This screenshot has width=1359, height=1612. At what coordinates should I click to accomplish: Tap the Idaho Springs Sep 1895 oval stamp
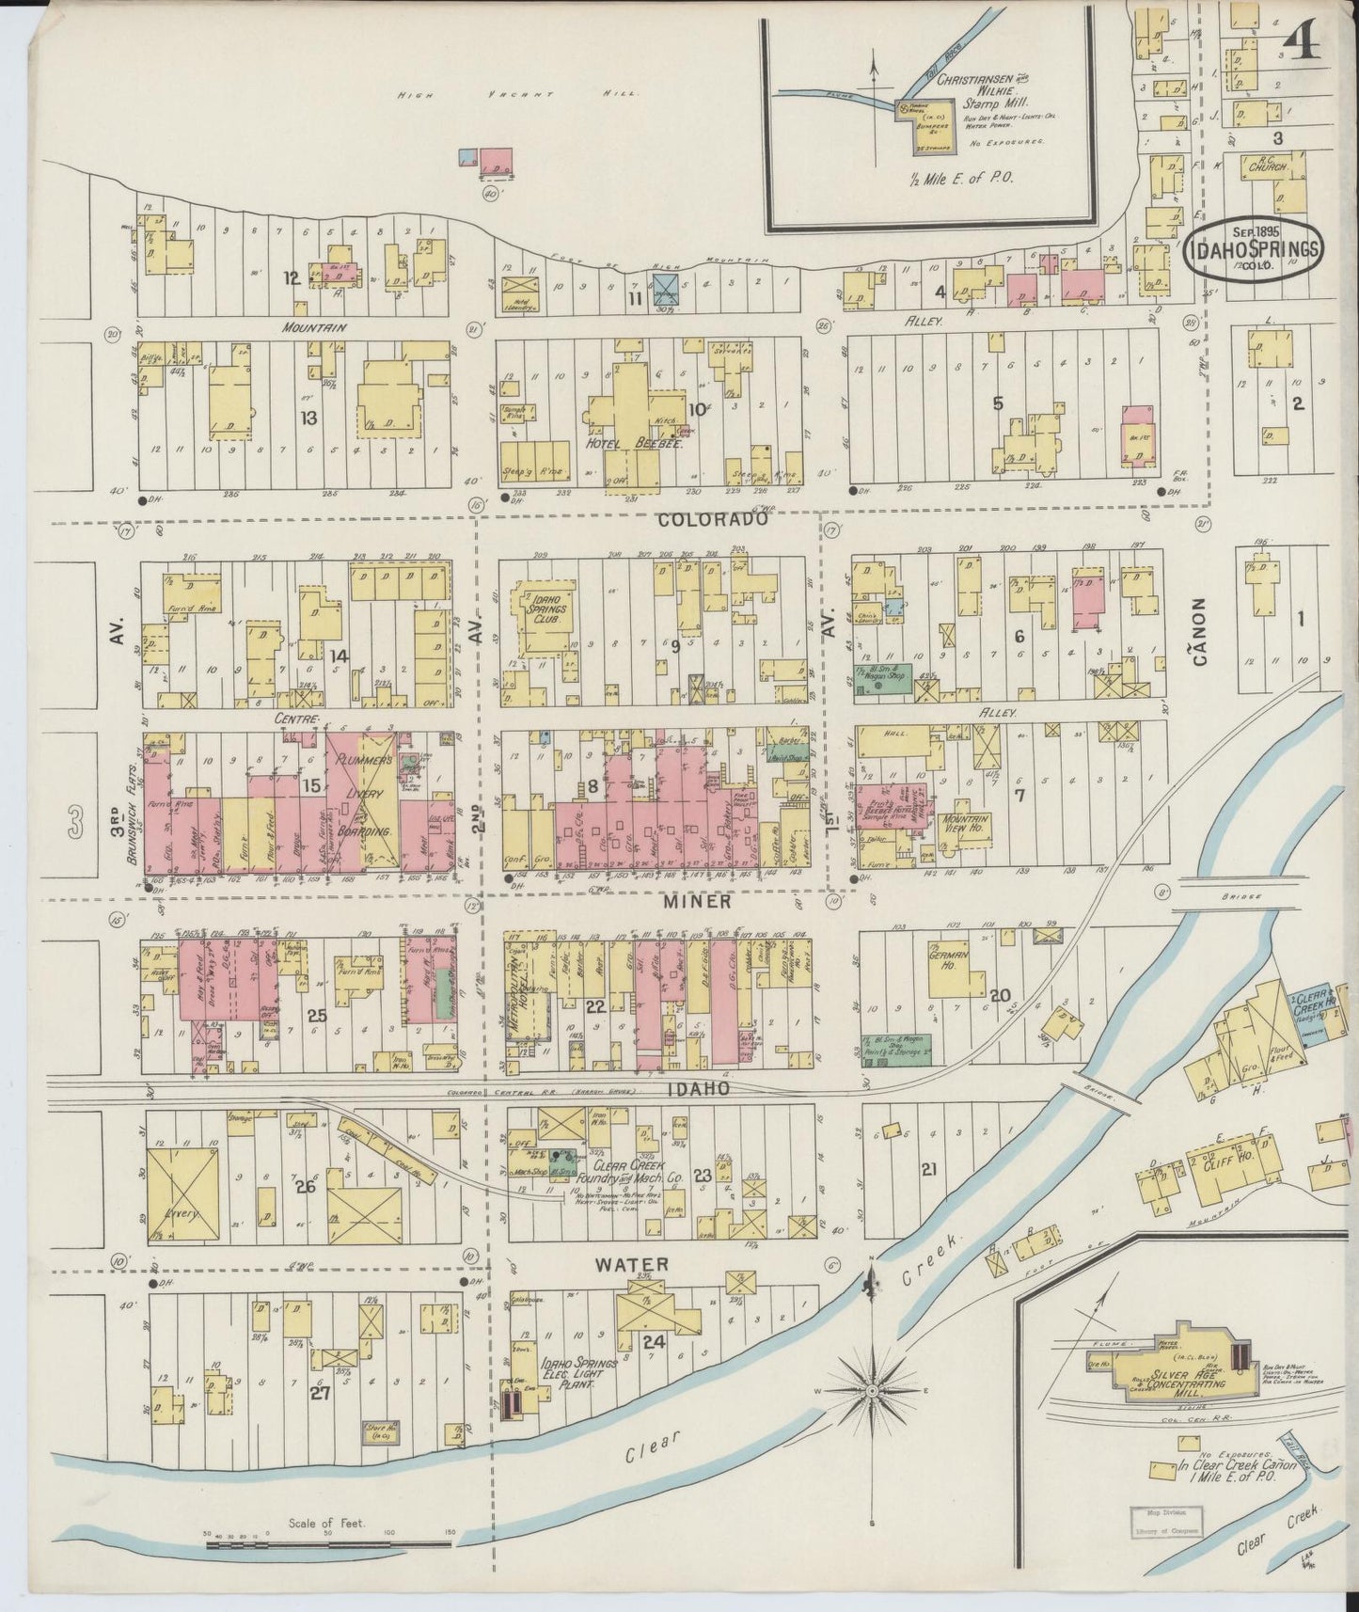tap(1254, 248)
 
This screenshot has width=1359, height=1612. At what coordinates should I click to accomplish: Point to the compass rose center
tap(871, 1390)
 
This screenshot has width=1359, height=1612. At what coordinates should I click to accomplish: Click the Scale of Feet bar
tap(328, 1541)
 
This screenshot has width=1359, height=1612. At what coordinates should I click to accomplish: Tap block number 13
tap(308, 417)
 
